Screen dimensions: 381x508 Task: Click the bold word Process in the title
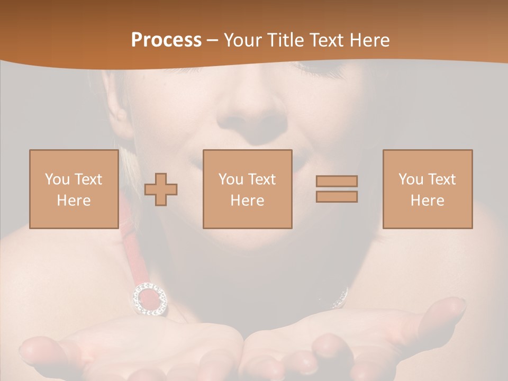point(166,40)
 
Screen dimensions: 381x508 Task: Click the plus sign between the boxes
point(161,189)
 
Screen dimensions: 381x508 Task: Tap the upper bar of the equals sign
point(337,181)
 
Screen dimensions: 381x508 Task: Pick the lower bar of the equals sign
point(337,197)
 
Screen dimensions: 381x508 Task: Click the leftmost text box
point(74,189)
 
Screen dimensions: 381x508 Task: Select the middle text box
point(247,189)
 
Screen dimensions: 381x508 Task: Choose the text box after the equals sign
point(428,189)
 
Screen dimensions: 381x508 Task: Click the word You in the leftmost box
point(57,179)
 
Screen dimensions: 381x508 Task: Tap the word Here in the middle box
point(247,201)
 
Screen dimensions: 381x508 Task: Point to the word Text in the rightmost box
point(443,179)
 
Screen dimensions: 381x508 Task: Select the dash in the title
point(212,41)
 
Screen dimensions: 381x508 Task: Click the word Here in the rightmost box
point(428,201)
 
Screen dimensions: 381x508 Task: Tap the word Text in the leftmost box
point(88,179)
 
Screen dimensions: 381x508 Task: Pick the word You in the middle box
point(231,179)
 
